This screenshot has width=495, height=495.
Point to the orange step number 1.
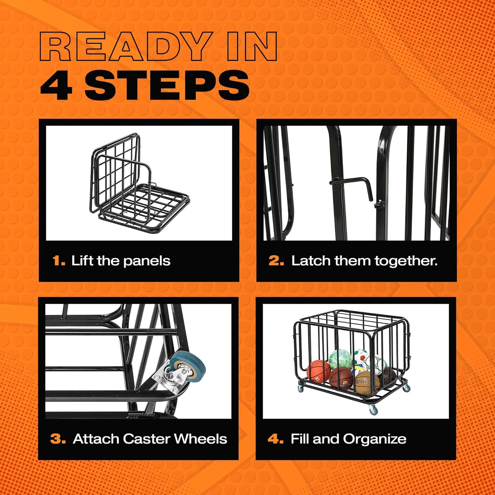point(59,261)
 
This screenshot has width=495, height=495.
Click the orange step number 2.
point(276,261)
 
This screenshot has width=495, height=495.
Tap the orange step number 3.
point(58,439)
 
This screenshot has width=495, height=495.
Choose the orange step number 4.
point(275,439)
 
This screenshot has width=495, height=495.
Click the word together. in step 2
point(406,261)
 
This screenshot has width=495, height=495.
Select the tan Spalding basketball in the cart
point(367,384)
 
